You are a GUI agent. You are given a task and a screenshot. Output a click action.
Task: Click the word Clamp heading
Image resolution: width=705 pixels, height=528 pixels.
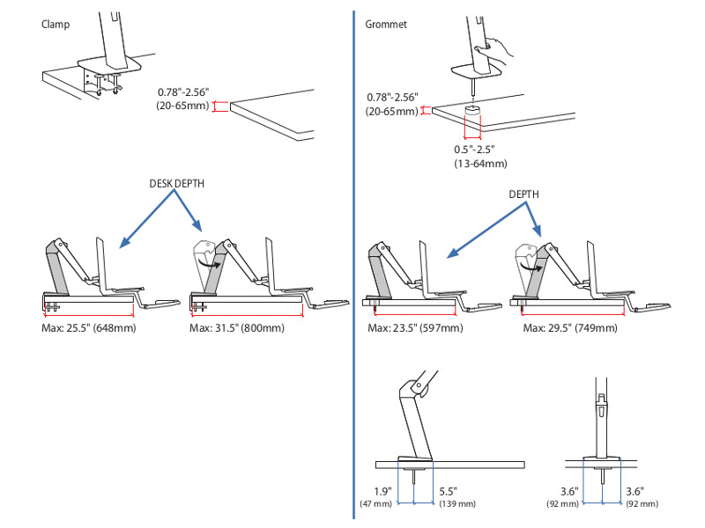pyautogui.click(x=55, y=24)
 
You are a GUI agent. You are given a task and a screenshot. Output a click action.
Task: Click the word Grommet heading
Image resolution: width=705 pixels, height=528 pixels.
pyautogui.click(x=385, y=24)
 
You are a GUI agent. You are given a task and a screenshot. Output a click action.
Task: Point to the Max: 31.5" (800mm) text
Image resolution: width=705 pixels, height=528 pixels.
pyautogui.click(x=237, y=328)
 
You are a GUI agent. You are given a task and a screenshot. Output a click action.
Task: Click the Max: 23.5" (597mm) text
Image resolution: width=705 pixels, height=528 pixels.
pyautogui.click(x=415, y=328)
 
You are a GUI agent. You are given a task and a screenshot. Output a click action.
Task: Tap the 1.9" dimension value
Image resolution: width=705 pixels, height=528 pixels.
pyautogui.click(x=383, y=491)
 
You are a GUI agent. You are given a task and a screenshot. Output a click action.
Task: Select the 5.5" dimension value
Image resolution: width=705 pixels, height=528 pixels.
pyautogui.click(x=448, y=491)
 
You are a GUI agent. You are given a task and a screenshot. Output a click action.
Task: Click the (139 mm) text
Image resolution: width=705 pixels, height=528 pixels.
pyautogui.click(x=456, y=504)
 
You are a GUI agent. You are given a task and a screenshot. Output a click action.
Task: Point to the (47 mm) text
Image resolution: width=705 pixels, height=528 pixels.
pyautogui.click(x=376, y=504)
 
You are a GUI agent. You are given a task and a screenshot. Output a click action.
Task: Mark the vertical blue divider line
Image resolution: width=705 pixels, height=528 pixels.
pyautogui.click(x=352, y=264)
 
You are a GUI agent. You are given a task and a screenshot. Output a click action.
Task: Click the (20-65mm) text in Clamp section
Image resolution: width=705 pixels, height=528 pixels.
pyautogui.click(x=183, y=106)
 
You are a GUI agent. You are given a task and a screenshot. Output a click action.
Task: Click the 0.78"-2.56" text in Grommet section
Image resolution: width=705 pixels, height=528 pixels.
pyautogui.click(x=393, y=98)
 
